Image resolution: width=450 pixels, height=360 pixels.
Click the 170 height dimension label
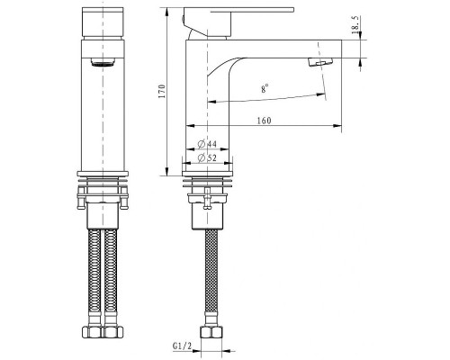(x=162, y=91)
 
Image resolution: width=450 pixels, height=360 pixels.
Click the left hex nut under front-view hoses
(x=92, y=333)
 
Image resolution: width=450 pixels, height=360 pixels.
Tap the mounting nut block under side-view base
(x=210, y=212)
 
